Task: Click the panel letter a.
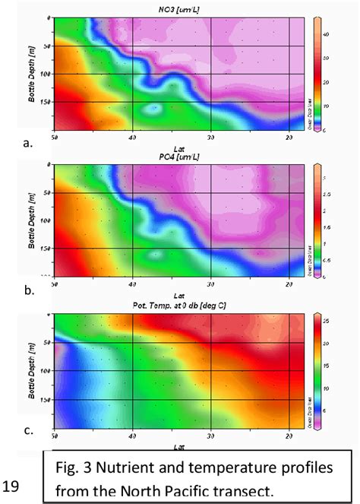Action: pos(27,141)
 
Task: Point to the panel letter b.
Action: pos(27,290)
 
